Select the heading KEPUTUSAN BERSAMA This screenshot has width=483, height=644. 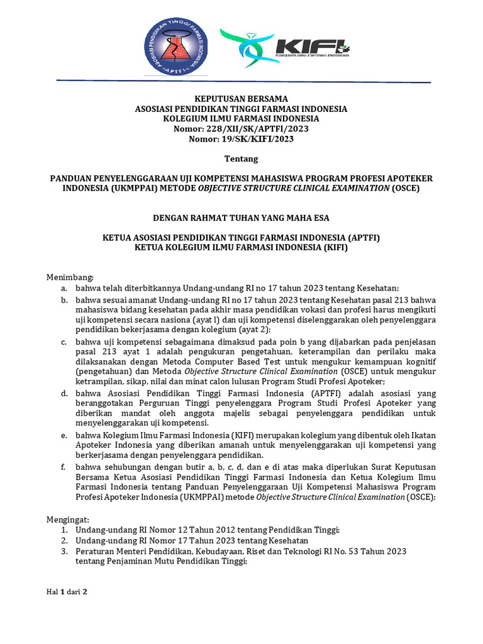[241, 99]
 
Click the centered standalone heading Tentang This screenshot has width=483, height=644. [241, 158]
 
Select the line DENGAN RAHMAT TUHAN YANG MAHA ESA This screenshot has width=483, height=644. [241, 218]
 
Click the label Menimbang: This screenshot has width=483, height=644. [70, 277]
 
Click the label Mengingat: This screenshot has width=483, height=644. [69, 520]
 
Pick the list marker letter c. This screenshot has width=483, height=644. [64, 341]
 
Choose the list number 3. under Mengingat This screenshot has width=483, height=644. [64, 551]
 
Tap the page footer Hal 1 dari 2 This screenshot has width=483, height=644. [67, 592]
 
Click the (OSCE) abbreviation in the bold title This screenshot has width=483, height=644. [405, 188]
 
